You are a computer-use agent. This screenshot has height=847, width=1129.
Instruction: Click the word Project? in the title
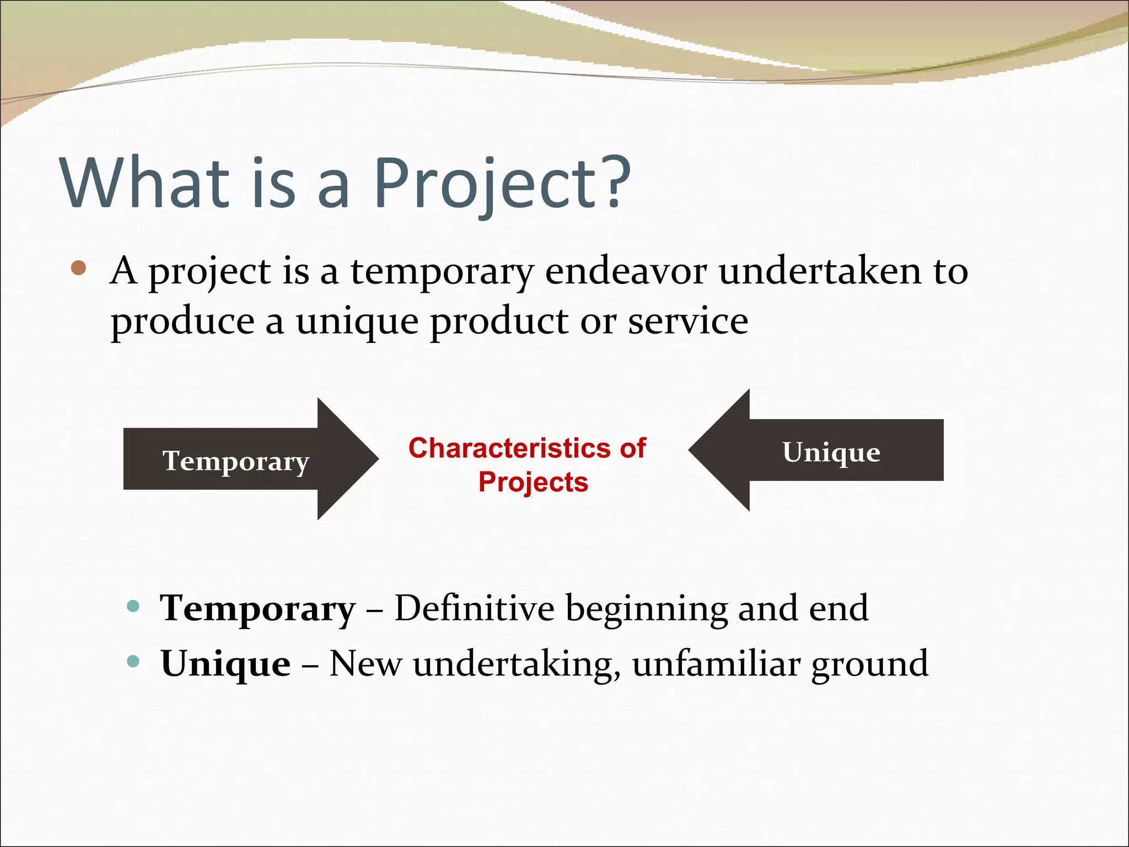(x=502, y=183)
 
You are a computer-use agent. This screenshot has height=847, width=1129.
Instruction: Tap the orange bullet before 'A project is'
(x=79, y=268)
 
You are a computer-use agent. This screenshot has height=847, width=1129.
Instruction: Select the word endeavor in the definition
(x=626, y=271)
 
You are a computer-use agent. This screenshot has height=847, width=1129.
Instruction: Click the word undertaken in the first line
(x=820, y=271)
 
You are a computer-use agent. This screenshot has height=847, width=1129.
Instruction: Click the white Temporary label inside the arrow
(x=236, y=461)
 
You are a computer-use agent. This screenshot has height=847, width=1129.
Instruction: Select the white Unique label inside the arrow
(x=831, y=452)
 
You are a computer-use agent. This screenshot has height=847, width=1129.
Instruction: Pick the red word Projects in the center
(x=533, y=482)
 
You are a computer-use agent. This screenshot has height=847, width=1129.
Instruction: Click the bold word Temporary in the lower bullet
(x=258, y=609)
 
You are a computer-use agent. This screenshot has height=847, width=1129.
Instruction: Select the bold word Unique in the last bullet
(x=225, y=663)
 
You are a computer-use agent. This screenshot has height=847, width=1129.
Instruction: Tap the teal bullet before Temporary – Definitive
(x=133, y=607)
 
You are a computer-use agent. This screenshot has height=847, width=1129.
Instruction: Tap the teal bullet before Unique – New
(x=133, y=661)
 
